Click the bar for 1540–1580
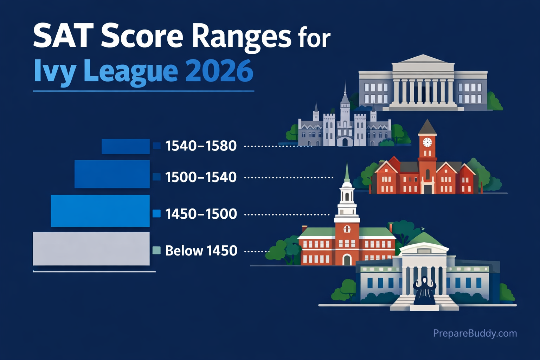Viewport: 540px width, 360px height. pos(126,146)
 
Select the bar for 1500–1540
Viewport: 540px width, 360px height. pos(112,174)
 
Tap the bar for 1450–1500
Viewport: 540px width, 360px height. pos(100,211)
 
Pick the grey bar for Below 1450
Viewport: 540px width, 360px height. pos(91,249)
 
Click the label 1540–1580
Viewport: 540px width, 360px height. pos(201,146)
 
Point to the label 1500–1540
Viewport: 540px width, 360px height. pos(201,177)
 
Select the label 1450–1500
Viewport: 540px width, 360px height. pos(201,214)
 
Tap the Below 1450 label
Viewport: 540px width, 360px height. pos(201,251)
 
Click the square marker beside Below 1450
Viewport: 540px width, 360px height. pos(157,250)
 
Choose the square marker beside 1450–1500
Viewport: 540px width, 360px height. pos(157,213)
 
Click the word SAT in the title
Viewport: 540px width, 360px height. pos(60,36)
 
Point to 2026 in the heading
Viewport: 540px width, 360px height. pos(219,71)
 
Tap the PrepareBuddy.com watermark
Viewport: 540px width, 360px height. pos(475,333)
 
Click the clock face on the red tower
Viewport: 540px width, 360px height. pos(427,142)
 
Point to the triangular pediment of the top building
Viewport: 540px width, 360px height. pos(423,59)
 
